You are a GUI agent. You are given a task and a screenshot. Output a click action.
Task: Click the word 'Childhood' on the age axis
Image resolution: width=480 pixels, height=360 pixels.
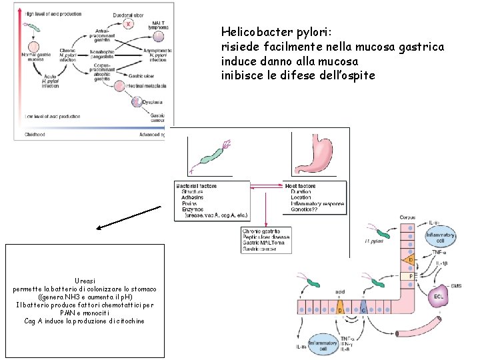[x=35, y=134]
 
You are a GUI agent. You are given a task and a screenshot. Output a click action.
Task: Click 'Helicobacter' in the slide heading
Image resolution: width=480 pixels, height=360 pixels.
[x=255, y=32]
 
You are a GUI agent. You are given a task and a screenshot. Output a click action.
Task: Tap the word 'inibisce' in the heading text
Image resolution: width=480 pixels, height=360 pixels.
[x=239, y=75]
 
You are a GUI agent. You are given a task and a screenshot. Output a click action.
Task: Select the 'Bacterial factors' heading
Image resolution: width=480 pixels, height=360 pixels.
[x=197, y=185]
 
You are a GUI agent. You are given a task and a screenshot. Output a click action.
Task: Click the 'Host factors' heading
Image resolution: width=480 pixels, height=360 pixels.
[x=301, y=185]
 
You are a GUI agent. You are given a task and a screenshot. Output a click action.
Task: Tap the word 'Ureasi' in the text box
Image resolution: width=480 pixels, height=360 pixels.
[x=85, y=281]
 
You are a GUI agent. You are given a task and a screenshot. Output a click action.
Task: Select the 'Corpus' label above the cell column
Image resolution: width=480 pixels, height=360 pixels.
[x=407, y=218]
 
